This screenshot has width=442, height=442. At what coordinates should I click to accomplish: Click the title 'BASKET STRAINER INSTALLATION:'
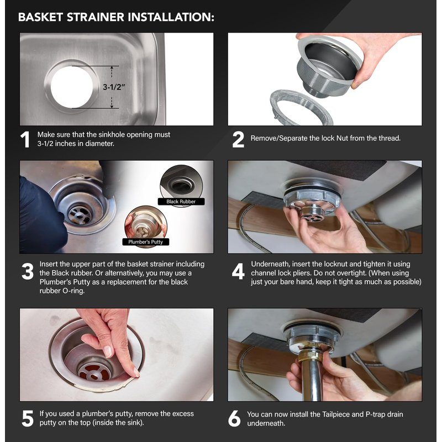point(116,17)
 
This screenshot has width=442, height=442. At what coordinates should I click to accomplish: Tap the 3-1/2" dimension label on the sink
point(114,87)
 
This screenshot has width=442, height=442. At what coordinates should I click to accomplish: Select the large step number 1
point(25,140)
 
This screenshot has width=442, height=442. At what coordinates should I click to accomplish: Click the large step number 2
point(238,140)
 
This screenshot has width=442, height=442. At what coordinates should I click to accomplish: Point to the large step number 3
point(27,271)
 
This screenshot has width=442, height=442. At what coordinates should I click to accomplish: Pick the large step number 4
point(238,271)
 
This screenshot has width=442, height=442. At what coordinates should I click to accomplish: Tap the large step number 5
point(28,418)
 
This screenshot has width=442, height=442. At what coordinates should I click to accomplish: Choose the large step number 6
point(234,418)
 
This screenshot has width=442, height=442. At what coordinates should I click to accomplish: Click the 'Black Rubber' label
point(181,202)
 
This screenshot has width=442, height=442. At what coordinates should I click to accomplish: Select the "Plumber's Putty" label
point(145,242)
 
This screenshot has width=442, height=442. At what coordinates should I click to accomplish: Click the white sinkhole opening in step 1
point(72,87)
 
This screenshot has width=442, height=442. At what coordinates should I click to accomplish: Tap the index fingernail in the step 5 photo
point(107,351)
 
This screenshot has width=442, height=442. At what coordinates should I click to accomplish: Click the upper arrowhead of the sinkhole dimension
point(112,68)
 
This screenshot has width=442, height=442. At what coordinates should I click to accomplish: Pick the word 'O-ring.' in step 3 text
point(72,291)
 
